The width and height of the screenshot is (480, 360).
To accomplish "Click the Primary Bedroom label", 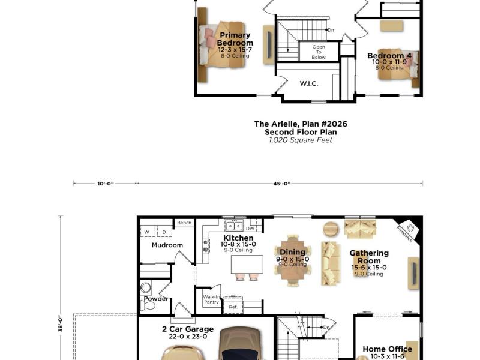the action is click(x=235, y=39).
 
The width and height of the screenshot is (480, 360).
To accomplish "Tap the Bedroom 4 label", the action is click(x=389, y=56).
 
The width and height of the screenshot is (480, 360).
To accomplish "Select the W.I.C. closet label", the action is click(x=308, y=83).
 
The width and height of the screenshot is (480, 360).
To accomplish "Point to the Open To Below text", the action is click(x=319, y=52).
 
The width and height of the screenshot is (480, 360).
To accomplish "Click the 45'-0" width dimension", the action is click(x=281, y=184).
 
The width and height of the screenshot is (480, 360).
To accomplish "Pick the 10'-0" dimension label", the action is click(x=106, y=184).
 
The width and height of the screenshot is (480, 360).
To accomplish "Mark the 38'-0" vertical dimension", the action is click(x=61, y=323).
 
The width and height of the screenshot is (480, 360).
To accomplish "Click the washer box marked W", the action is click(x=148, y=232).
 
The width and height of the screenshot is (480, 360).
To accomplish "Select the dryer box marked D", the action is click(x=164, y=232).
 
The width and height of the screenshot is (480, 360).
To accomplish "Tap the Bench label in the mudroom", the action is click(x=184, y=223).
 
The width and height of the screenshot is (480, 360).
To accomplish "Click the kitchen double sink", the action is click(x=234, y=226).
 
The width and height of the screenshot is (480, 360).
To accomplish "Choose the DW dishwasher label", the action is click(x=250, y=229).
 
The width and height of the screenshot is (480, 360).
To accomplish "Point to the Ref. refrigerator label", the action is click(x=233, y=307).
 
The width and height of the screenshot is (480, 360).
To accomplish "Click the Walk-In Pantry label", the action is click(x=211, y=299).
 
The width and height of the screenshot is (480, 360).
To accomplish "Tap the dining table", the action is click(x=293, y=260).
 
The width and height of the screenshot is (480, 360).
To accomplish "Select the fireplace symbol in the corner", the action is click(x=410, y=228).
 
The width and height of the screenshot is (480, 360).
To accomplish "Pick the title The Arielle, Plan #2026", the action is click(x=301, y=124).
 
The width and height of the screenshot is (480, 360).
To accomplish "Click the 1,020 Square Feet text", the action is click(x=301, y=140).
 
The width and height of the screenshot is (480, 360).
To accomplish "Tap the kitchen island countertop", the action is click(x=247, y=265).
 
